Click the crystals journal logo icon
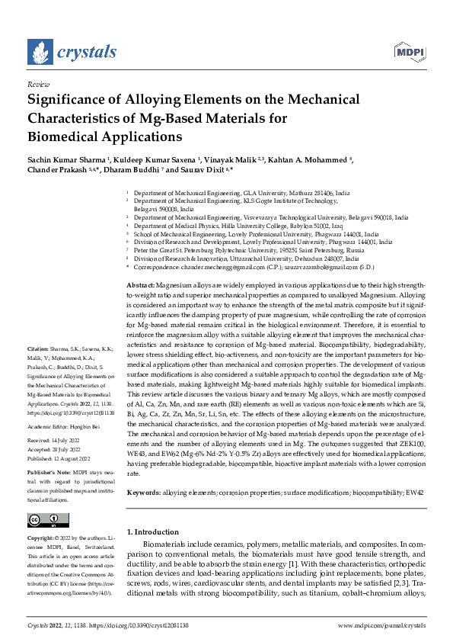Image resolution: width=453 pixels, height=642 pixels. click(x=39, y=52)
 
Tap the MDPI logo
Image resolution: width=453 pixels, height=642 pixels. click(x=409, y=51)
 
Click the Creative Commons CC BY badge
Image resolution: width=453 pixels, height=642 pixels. click(x=43, y=520)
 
